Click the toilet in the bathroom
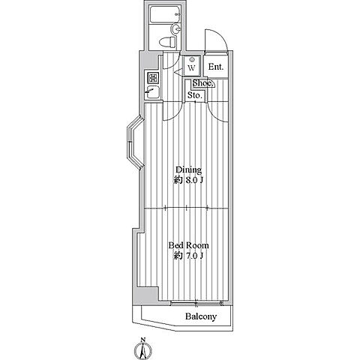167,42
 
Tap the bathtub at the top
165,14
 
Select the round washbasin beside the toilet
175,29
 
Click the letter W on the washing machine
191,67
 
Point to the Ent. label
216,67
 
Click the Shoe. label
202,83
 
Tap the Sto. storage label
195,95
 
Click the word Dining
188,170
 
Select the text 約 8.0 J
188,180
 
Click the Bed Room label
188,245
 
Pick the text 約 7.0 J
188,256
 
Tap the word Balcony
201,316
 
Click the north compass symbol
143,350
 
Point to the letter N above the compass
143,340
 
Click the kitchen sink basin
152,92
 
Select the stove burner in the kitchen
152,78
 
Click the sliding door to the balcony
196,303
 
